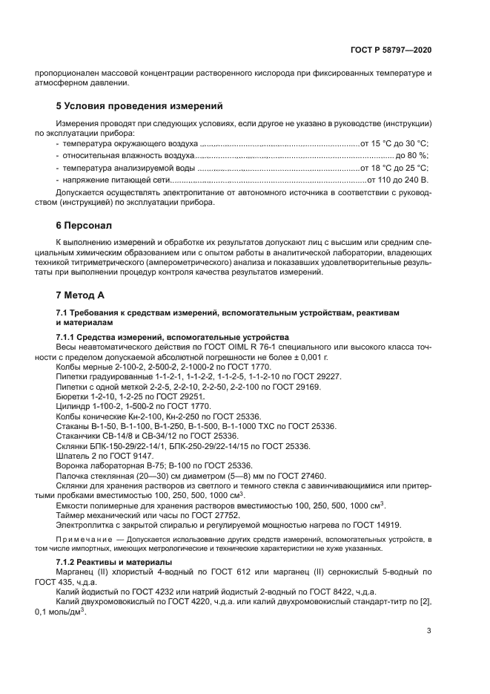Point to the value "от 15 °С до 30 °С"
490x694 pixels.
click(395, 143)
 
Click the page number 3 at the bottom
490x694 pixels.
click(429, 631)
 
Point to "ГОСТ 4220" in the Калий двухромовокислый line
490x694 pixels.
click(165, 601)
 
